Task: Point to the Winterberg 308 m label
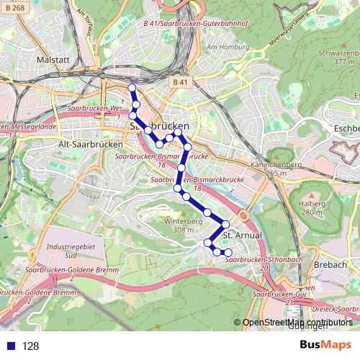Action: (x=179, y=225)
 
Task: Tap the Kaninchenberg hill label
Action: (x=272, y=168)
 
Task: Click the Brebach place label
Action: (x=330, y=264)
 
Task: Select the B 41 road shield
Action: (x=180, y=83)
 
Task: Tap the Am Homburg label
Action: (x=222, y=48)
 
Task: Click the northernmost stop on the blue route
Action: (x=132, y=88)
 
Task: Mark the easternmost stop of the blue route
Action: (x=228, y=253)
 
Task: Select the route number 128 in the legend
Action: (x=30, y=346)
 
